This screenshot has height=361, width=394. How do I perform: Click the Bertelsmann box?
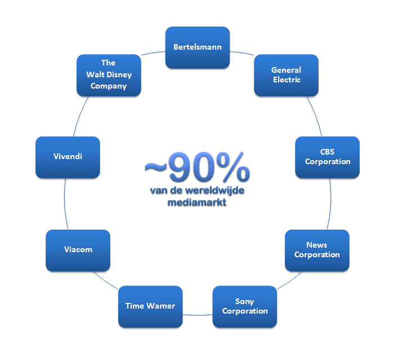pos(198,47)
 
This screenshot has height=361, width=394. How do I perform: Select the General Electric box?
pos(286,75)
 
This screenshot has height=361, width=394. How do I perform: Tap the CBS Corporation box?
pos(327,157)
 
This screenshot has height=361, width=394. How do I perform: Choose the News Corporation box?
pos(317,250)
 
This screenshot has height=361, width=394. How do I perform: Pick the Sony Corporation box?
pos(245,306)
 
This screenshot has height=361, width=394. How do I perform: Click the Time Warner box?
pos(150,306)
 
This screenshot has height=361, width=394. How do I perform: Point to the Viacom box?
pos(78,250)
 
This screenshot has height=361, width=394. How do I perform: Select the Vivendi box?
pos(68,157)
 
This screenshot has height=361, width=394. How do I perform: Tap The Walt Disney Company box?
pos(109,75)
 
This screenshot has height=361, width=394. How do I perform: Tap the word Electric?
pos(286,80)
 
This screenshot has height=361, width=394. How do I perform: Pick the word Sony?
pos(245,302)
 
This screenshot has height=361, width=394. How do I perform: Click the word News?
pos(317,245)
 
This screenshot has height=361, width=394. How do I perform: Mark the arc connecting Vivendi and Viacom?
pos(65,203)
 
